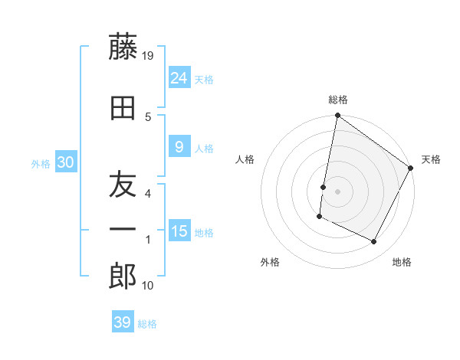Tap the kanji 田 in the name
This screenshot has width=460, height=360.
tap(123, 108)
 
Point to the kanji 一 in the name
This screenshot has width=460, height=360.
tap(123, 229)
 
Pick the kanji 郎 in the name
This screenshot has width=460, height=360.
tap(123, 276)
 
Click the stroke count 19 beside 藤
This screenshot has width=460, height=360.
tap(149, 55)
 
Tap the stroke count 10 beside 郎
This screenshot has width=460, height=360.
tap(149, 285)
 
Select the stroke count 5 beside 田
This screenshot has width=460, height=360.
tap(148, 116)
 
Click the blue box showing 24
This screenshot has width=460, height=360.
tap(179, 77)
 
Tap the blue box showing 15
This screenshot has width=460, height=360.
tap(179, 231)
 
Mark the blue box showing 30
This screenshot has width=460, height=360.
tap(65, 162)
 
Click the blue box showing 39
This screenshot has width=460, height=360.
tap(122, 322)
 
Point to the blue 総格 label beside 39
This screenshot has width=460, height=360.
tap(147, 324)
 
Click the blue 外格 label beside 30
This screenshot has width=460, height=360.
tap(41, 163)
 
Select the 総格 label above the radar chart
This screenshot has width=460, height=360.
tap(337, 100)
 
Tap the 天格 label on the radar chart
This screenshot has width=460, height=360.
tap(431, 159)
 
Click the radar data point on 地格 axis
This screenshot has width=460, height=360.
tap(374, 242)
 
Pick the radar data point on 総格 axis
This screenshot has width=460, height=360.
tap(337, 116)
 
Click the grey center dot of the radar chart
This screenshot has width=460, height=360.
tap(337, 191)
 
